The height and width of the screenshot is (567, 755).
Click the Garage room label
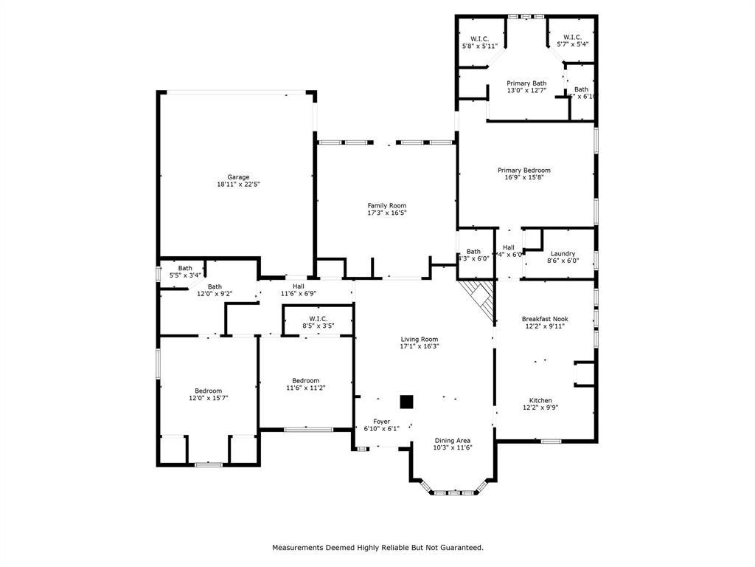click(x=238, y=177)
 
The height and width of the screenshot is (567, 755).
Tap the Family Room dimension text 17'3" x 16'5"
click(x=387, y=213)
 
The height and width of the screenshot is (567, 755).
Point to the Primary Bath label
click(x=526, y=83)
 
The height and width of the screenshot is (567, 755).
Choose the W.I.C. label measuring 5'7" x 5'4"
click(x=572, y=38)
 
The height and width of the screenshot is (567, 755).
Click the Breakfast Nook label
click(x=545, y=319)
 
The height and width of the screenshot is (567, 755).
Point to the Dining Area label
click(x=453, y=440)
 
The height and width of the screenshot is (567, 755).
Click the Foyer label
click(x=381, y=422)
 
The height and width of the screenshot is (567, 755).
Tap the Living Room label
click(x=419, y=340)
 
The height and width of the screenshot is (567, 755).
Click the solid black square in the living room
click(x=406, y=402)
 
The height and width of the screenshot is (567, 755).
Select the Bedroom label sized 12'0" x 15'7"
click(x=208, y=391)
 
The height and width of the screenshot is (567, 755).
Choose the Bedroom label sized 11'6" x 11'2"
click(x=305, y=381)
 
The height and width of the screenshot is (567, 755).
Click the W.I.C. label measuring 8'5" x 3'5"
click(x=318, y=319)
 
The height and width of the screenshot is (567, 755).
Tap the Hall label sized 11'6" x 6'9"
click(x=298, y=286)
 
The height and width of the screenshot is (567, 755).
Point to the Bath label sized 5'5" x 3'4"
click(x=185, y=269)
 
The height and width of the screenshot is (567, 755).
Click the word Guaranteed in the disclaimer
click(x=461, y=548)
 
